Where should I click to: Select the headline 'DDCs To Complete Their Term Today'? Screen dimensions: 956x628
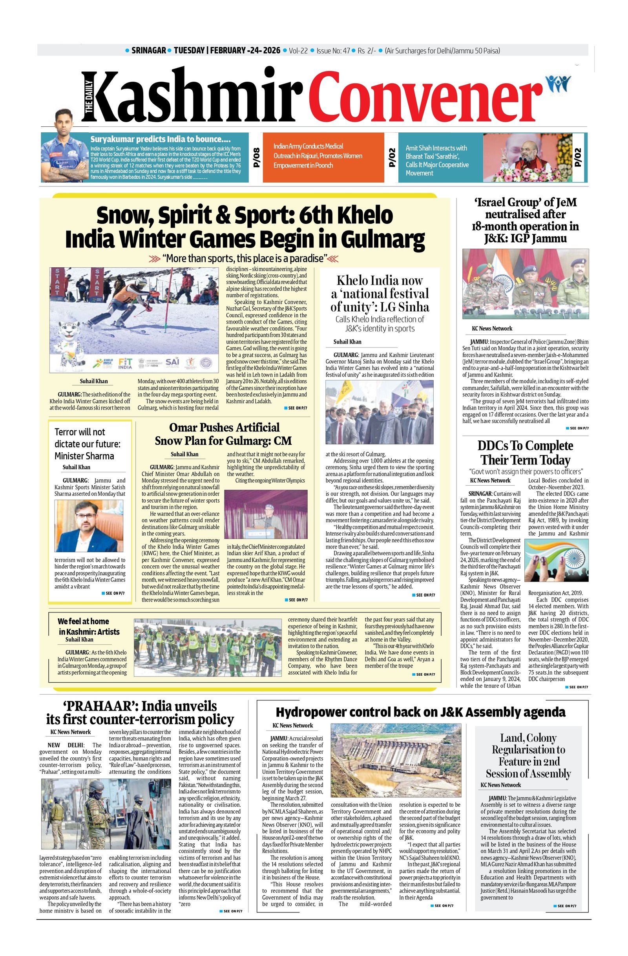pyautogui.click(x=525, y=452)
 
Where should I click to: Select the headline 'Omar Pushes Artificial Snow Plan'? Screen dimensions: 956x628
pyautogui.click(x=224, y=434)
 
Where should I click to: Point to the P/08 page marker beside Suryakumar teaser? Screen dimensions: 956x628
pyautogui.click(x=257, y=157)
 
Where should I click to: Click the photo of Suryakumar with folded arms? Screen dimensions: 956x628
pyautogui.click(x=64, y=158)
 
